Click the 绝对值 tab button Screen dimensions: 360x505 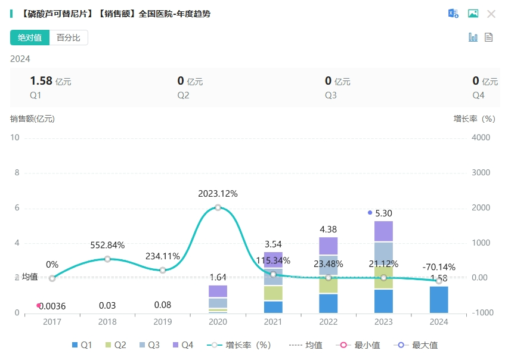point(30,38)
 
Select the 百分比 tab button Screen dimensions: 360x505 point(69,38)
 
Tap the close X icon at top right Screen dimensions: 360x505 point(491,14)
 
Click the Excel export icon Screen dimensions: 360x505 point(454,14)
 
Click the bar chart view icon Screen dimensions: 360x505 point(473,38)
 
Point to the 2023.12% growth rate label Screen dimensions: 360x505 point(218,194)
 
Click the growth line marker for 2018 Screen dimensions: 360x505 point(107,259)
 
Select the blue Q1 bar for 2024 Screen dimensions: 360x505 point(439,299)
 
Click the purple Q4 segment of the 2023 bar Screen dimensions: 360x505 point(383,231)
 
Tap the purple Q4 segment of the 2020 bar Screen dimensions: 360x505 point(218,291)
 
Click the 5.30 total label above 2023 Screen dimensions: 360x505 point(383,213)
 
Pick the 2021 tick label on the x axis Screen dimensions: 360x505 point(272,322)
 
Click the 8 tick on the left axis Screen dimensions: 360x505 point(17,173)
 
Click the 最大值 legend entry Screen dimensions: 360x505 point(417,345)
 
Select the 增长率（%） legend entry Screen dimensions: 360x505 point(241,345)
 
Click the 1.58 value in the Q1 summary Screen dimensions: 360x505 point(41,81)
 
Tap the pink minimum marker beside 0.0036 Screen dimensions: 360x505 point(39,305)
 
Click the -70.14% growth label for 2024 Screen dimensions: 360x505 point(439,267)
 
